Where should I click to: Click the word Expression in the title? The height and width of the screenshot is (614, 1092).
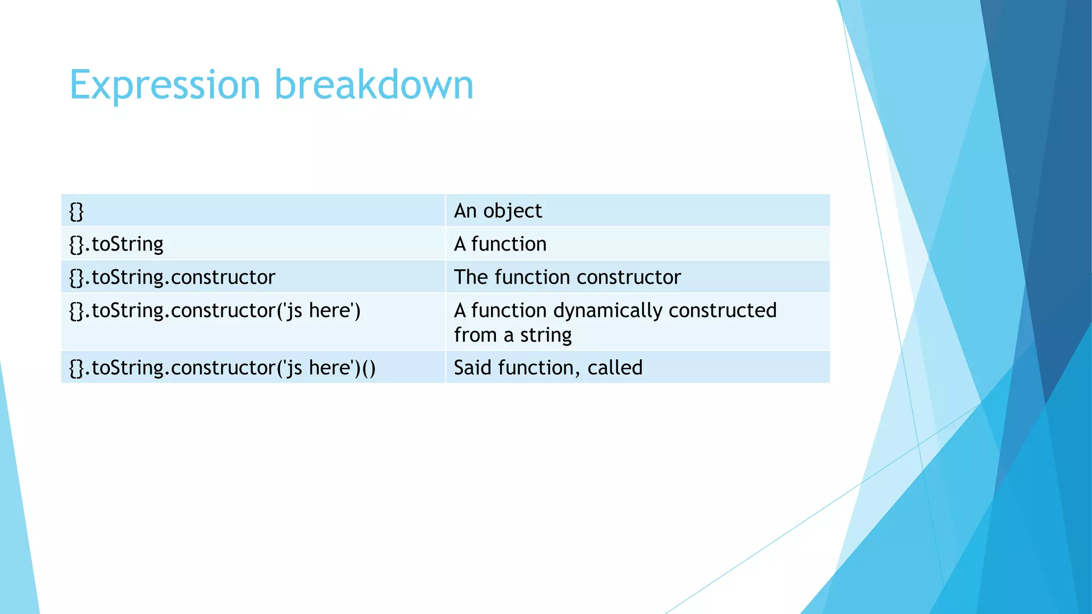pyautogui.click(x=165, y=85)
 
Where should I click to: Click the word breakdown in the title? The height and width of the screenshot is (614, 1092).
pyautogui.click(x=374, y=84)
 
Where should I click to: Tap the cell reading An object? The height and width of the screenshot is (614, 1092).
pyautogui.click(x=637, y=211)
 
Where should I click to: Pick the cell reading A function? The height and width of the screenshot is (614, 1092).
pyautogui.click(x=637, y=244)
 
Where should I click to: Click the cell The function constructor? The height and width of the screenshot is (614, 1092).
pyautogui.click(x=637, y=277)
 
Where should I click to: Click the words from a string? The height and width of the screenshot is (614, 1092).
pyautogui.click(x=512, y=335)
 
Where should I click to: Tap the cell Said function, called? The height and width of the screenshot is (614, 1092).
pyautogui.click(x=637, y=368)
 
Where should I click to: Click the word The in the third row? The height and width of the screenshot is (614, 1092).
pyautogui.click(x=471, y=277)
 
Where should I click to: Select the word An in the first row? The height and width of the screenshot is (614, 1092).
pyautogui.click(x=465, y=211)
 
